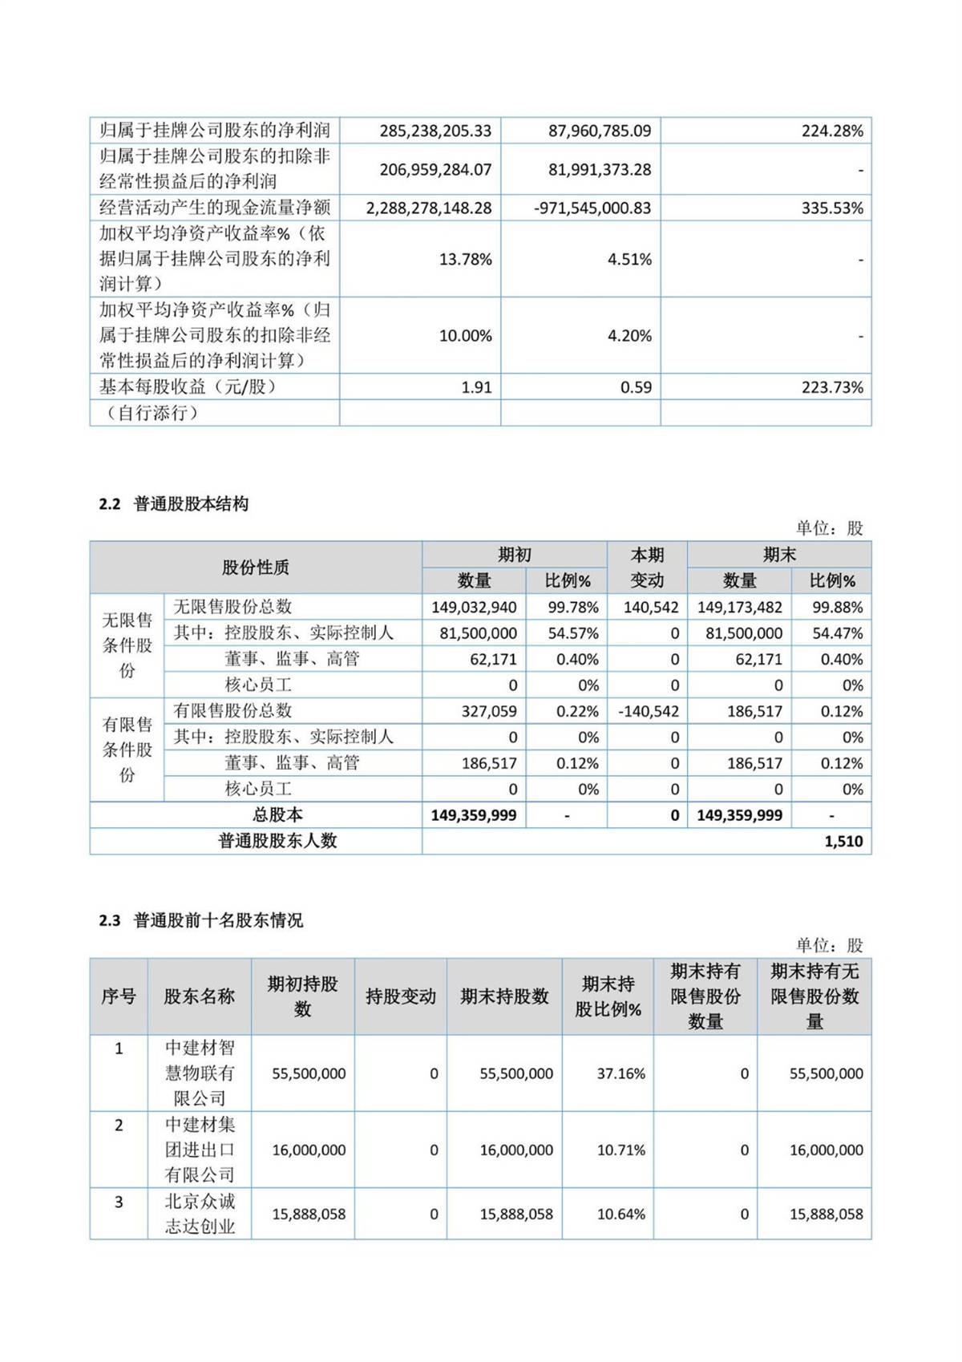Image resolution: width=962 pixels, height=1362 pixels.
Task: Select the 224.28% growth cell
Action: tap(832, 131)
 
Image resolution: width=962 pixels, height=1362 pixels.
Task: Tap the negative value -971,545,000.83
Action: tap(592, 208)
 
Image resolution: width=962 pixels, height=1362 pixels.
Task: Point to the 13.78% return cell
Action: tap(465, 259)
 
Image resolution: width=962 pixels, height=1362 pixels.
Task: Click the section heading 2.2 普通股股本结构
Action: tap(174, 504)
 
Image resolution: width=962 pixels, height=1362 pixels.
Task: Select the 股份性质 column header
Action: tap(255, 568)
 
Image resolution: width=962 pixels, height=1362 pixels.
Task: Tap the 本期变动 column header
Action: tap(647, 568)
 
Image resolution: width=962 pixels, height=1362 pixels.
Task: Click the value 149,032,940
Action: tap(474, 608)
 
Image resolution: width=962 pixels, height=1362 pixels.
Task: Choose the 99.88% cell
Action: tap(838, 608)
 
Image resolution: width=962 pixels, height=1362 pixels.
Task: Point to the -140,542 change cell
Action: tap(649, 711)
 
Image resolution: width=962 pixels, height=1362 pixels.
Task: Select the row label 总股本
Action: tap(277, 815)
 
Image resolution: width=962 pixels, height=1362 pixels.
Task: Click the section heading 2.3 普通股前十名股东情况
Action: tap(201, 921)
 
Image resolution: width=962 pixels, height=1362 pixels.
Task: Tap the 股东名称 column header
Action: tap(199, 996)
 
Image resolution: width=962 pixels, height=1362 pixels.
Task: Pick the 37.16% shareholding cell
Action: tap(620, 1073)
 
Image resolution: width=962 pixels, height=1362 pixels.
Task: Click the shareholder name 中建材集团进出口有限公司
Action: tap(200, 1150)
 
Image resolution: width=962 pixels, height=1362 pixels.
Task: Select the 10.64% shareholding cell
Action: tap(620, 1214)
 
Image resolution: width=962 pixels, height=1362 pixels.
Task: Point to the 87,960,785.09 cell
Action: tap(600, 131)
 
